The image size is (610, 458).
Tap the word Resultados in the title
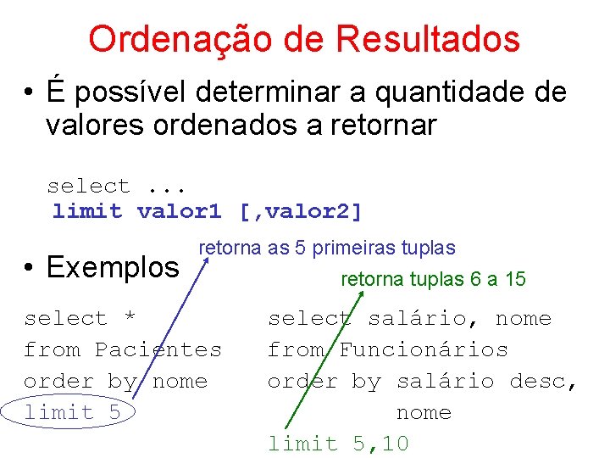(428, 39)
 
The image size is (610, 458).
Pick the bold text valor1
(179, 211)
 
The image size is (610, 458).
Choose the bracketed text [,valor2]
(302, 211)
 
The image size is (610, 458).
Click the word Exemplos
(113, 267)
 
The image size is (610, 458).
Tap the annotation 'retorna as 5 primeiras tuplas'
(326, 249)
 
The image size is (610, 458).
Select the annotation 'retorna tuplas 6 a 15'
(433, 279)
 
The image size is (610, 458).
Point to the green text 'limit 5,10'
(338, 444)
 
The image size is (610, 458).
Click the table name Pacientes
(158, 349)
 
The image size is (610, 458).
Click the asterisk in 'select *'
(130, 319)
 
